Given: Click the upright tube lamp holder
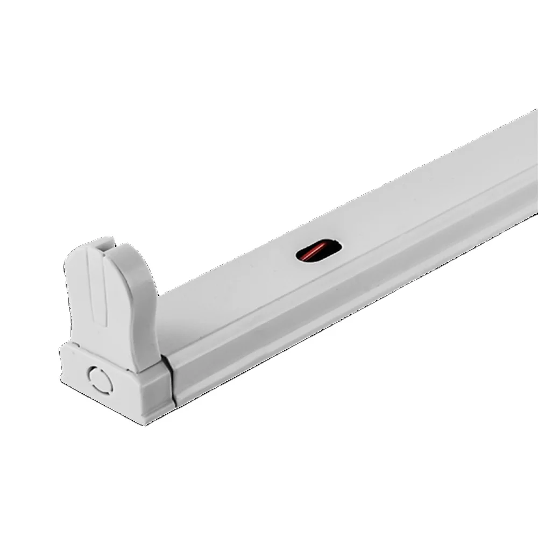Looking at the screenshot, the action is pyautogui.click(x=110, y=301).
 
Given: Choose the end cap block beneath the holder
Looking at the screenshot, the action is pyautogui.click(x=116, y=382).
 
